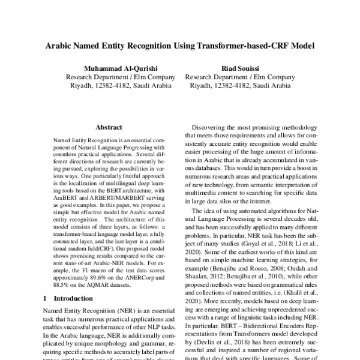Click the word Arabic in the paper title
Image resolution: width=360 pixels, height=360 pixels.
(x=59, y=46)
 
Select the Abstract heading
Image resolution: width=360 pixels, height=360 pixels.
(x=109, y=127)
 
